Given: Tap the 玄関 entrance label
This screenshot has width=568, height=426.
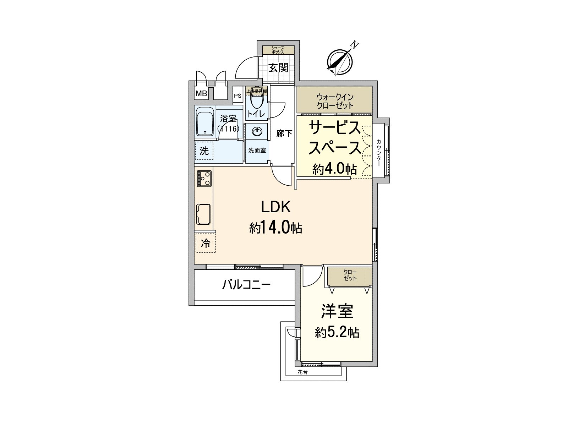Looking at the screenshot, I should [x=278, y=68].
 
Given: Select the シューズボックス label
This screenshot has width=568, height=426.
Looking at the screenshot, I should [x=278, y=50].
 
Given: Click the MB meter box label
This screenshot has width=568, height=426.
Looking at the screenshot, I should [x=201, y=94].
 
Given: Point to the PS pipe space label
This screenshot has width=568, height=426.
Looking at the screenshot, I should [x=237, y=95].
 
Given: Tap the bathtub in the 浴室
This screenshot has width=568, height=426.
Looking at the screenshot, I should [x=205, y=121].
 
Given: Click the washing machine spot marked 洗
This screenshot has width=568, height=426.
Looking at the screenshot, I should [x=204, y=151].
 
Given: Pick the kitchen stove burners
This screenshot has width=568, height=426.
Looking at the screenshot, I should [x=204, y=178].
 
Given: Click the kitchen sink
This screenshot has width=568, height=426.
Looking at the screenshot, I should [x=203, y=214].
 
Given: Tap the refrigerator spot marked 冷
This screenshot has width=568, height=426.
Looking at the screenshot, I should [x=205, y=244].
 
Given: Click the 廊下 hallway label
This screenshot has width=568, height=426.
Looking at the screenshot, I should [x=284, y=133].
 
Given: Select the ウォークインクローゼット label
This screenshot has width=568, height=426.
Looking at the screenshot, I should [x=335, y=101].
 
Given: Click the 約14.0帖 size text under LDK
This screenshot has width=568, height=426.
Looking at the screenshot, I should [x=275, y=228].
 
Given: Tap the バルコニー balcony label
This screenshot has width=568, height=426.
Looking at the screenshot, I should [x=246, y=285].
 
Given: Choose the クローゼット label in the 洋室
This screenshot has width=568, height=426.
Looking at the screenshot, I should [x=350, y=275].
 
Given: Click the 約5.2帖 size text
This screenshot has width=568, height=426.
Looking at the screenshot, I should [x=337, y=333].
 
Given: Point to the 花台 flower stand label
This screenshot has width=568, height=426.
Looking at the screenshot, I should [x=302, y=372].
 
